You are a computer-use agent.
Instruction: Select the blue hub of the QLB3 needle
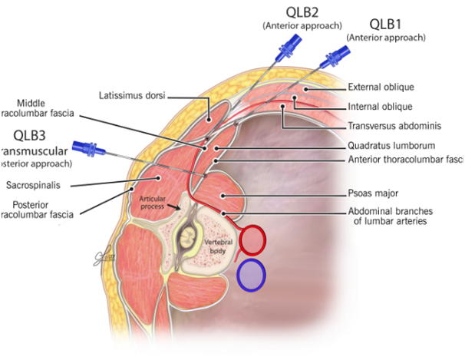(84, 147)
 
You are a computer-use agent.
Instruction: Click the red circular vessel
(252, 240)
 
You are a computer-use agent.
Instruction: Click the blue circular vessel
(251, 276)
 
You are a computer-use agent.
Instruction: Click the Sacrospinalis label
(34, 185)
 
